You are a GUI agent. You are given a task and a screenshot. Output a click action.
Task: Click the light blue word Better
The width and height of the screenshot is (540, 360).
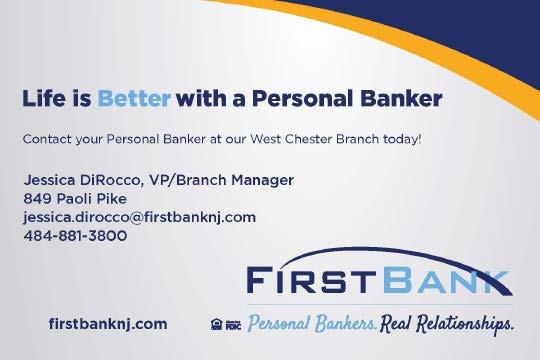134,98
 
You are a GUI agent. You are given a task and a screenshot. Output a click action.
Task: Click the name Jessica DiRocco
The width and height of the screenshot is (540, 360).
81,180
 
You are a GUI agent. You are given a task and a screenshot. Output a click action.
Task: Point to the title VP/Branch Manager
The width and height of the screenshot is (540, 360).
221,180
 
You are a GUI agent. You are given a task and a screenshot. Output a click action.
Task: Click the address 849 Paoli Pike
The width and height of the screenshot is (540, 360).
75,199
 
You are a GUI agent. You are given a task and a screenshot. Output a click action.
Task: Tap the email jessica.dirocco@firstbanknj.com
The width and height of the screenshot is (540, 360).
140,218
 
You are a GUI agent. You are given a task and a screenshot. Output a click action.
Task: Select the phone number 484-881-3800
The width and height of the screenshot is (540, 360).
75,236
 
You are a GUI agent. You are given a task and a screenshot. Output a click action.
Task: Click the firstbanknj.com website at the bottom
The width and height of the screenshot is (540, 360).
108,324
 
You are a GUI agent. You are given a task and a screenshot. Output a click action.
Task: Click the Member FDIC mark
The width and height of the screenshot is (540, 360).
233,325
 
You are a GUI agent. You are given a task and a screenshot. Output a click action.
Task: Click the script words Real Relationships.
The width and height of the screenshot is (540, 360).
447,325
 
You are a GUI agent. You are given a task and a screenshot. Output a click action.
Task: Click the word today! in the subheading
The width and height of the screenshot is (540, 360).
402,139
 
